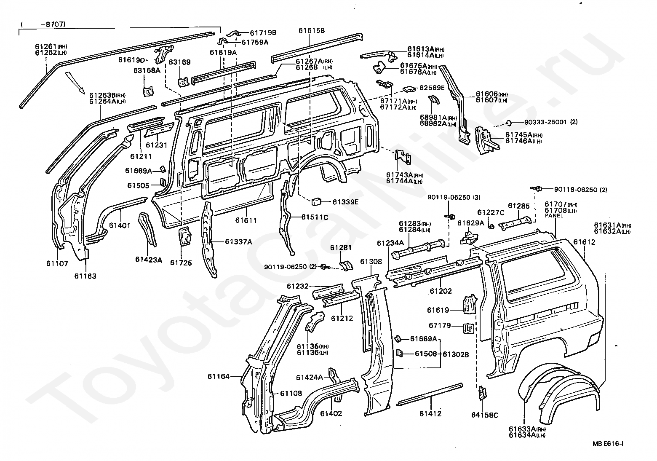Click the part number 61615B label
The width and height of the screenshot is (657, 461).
[x=312, y=30]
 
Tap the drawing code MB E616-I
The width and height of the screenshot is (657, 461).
[x=608, y=444]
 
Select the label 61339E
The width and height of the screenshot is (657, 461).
[x=345, y=202]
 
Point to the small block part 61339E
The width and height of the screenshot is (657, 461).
[x=316, y=201]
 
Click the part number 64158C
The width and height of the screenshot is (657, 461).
[x=484, y=415]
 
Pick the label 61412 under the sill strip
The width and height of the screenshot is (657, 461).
[x=430, y=413]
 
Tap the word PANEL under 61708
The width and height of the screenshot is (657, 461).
[x=554, y=216]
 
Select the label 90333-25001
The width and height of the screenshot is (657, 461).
[x=545, y=122]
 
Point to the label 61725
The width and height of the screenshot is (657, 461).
[x=181, y=263]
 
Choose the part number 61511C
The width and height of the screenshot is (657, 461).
[x=315, y=217]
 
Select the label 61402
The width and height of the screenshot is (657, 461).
[x=331, y=413]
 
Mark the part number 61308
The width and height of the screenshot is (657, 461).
[x=371, y=261]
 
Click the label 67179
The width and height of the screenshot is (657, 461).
[x=440, y=325]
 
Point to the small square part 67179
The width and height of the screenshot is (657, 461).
[x=468, y=328]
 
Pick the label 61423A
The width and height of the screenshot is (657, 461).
[x=148, y=260]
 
